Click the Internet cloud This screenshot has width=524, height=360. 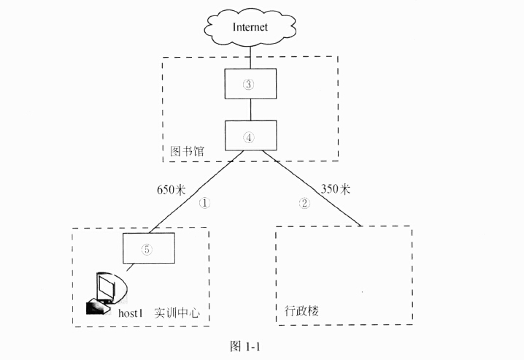coord(250,27)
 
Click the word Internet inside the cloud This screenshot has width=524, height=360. coord(250,27)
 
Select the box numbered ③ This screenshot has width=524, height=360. coord(250,84)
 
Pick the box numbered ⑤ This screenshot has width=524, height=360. coord(147,250)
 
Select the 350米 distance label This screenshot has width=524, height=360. coord(334,188)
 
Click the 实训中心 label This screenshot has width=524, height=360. coord(177,313)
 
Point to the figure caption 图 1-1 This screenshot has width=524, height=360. coord(244,346)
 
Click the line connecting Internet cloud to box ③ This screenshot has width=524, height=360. coord(250,57)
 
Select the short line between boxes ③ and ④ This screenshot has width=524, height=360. coord(250,110)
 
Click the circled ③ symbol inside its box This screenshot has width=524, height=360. coord(249,84)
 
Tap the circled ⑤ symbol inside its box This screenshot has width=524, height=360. coord(147,250)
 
